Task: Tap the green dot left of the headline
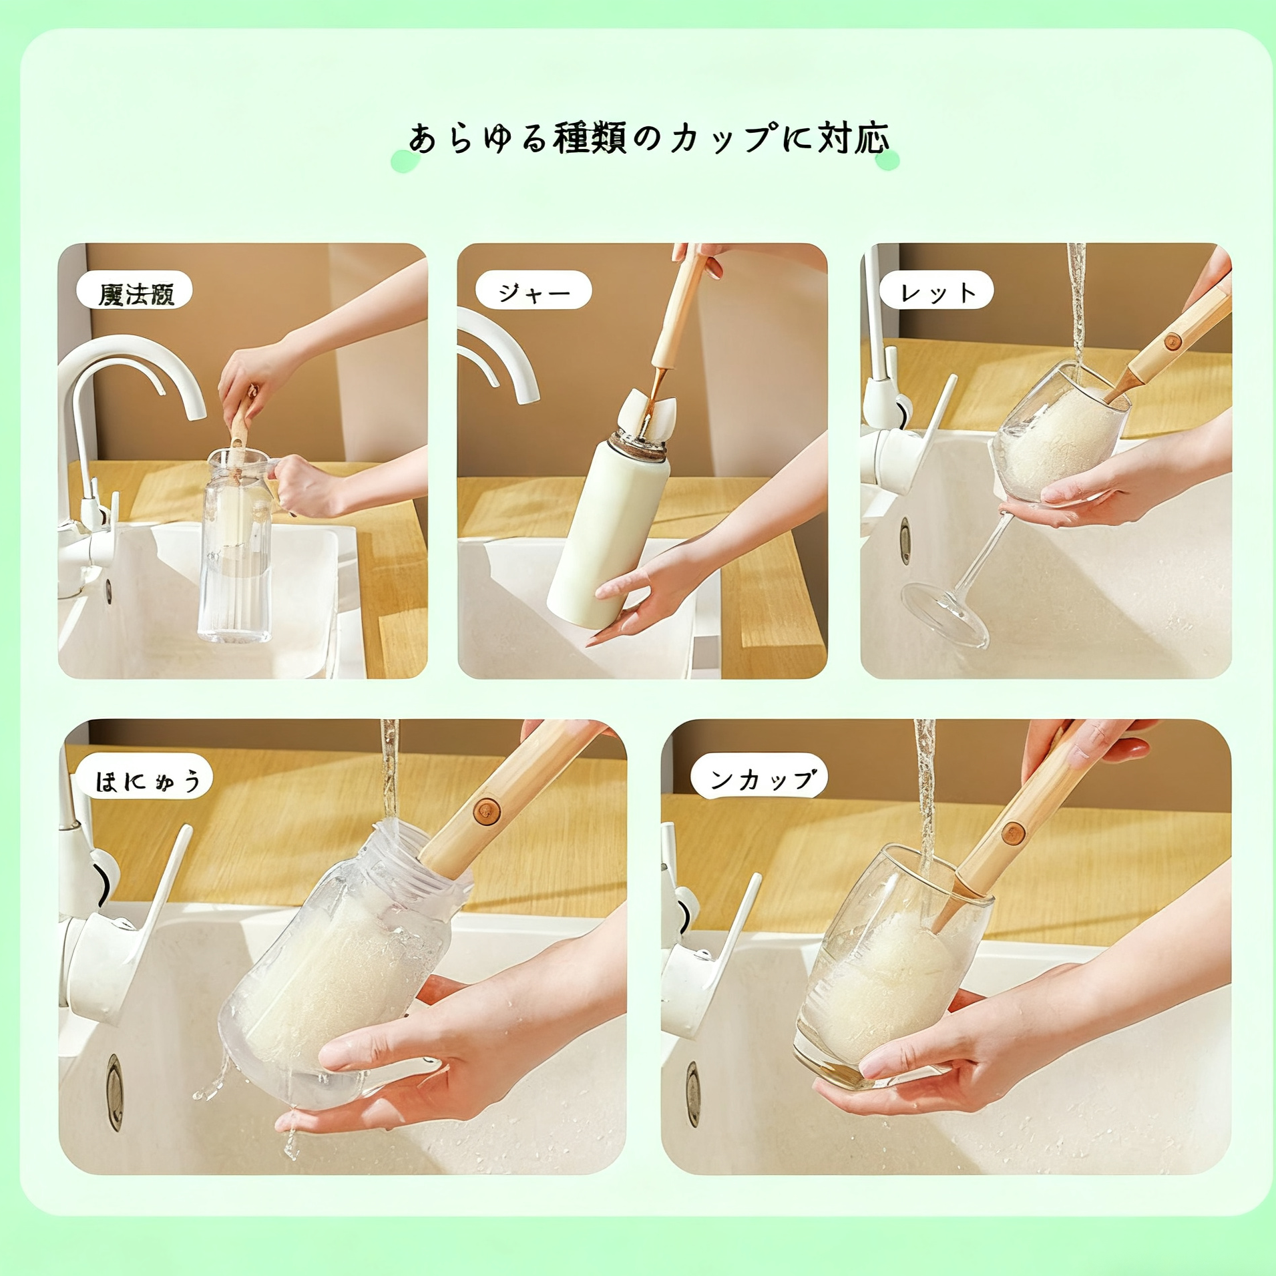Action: click(x=403, y=162)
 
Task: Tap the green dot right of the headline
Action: click(x=887, y=160)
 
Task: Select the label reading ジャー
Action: click(x=534, y=290)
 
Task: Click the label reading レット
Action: click(x=937, y=290)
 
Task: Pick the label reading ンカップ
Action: click(x=759, y=777)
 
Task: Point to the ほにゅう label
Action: click(x=145, y=778)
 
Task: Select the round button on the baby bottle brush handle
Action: click(x=487, y=811)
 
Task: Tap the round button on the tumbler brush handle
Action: click(x=1013, y=833)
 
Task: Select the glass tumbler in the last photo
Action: click(x=881, y=968)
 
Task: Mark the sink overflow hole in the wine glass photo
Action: click(x=905, y=540)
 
